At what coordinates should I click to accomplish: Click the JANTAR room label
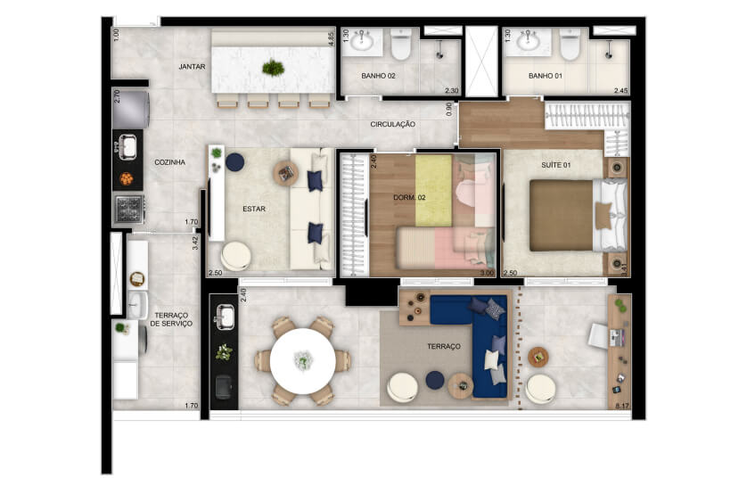[192, 67]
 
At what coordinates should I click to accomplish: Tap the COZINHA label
[169, 162]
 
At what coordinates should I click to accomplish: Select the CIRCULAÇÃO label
[392, 124]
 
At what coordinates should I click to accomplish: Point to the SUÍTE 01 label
[555, 165]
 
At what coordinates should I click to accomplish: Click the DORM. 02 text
[409, 197]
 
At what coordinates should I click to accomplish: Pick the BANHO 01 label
[545, 76]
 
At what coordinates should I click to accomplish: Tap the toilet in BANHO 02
[401, 44]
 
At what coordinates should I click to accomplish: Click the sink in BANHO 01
[529, 40]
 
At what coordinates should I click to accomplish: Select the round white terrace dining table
[303, 361]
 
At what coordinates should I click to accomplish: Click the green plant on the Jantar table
[274, 68]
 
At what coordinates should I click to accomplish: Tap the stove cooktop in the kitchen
[128, 209]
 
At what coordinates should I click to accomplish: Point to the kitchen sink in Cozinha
[127, 147]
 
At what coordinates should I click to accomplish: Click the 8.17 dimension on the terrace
[622, 407]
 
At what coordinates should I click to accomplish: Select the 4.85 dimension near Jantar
[332, 38]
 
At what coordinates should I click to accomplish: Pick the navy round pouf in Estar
[234, 162]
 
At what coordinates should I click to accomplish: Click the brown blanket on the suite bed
[562, 215]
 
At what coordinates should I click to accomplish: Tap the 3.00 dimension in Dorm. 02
[487, 273]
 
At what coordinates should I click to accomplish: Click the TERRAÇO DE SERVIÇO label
[171, 319]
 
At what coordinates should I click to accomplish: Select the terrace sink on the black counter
[224, 317]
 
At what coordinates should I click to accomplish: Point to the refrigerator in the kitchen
[131, 110]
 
